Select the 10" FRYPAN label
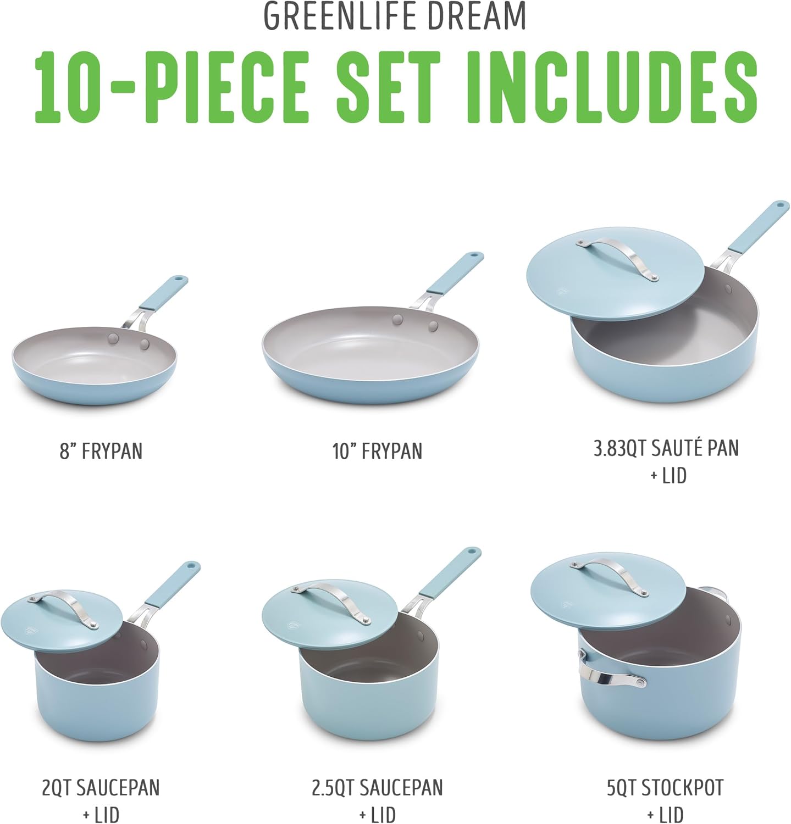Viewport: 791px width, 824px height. click(x=377, y=451)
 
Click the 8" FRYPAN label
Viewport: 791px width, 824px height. click(x=101, y=451)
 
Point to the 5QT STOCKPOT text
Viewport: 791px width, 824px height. click(x=665, y=787)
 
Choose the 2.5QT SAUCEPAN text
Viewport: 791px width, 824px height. click(x=377, y=787)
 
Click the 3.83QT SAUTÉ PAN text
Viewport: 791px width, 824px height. click(x=666, y=448)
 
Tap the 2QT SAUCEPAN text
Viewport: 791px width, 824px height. click(x=101, y=787)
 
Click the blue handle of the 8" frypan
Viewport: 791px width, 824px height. click(x=163, y=294)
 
